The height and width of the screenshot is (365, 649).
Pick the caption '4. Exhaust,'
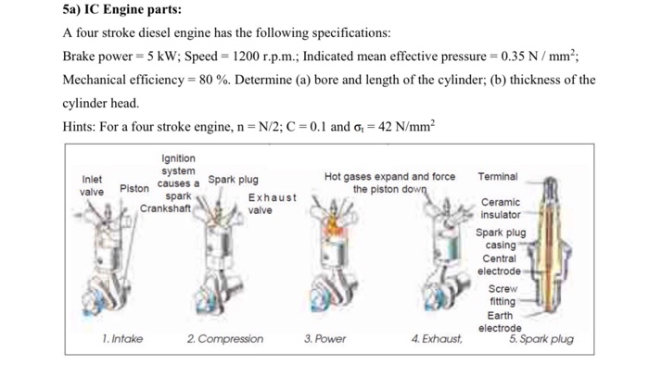[x=437, y=339]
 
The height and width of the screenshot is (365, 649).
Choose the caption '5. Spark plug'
[x=541, y=339]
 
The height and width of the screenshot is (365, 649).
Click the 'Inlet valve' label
[x=93, y=185]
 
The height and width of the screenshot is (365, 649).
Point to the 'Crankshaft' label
[x=164, y=208]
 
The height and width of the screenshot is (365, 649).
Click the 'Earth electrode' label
[x=500, y=321]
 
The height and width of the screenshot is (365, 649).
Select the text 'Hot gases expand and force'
[x=390, y=176]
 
